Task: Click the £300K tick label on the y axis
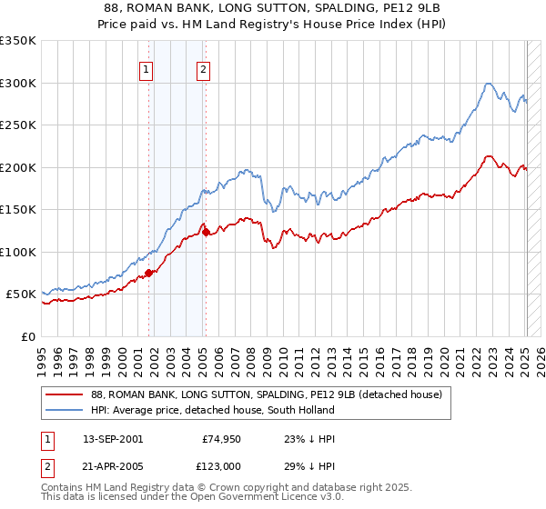[x=18, y=83]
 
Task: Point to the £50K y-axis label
[x=22, y=294]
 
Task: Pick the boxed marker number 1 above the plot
[x=147, y=70]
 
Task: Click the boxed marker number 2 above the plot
[x=203, y=70]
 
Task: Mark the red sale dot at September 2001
[x=149, y=273]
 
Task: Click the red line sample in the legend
[x=65, y=394]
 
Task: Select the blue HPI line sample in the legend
[x=65, y=410]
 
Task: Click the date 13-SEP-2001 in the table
[x=113, y=438]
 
